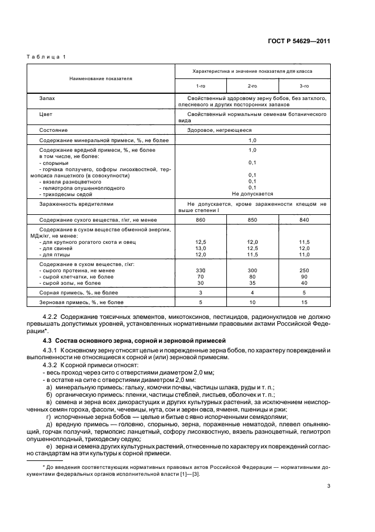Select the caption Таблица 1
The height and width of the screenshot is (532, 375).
point(47,57)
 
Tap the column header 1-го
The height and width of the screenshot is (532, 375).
point(201,85)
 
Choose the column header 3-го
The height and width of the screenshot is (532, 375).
point(304,85)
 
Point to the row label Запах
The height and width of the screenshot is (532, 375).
point(47,98)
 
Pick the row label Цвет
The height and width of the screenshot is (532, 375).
point(46,114)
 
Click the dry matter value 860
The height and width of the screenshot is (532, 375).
point(200,219)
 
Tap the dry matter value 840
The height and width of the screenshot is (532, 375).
point(304,219)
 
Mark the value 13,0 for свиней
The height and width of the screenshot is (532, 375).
point(200,248)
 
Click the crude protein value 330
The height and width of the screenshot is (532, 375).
point(200,271)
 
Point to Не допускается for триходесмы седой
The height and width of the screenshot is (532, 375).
point(252,193)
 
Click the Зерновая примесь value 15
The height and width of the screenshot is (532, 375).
point(304,302)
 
